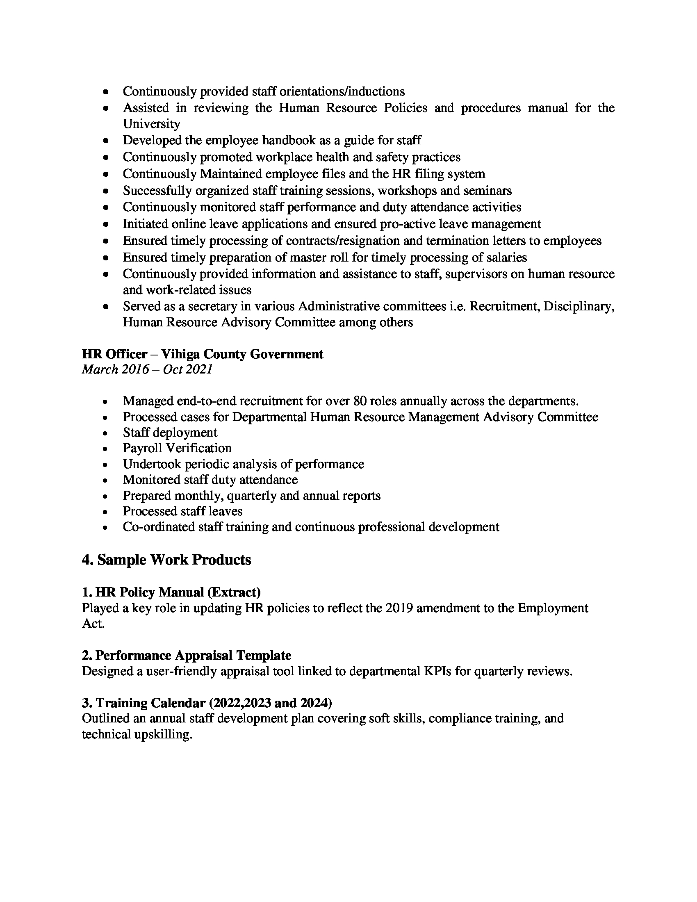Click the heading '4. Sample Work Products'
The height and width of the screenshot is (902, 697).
click(166, 560)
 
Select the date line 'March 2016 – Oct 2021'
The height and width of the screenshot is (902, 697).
click(147, 369)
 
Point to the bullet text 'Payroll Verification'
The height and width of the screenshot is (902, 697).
click(177, 448)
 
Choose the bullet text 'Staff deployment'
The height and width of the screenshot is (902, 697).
click(170, 433)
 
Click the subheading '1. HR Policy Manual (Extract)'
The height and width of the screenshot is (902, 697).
click(171, 592)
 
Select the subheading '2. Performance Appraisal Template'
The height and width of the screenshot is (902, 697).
click(186, 656)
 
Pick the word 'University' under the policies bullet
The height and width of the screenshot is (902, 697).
click(152, 124)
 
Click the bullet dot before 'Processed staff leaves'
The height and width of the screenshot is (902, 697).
click(106, 512)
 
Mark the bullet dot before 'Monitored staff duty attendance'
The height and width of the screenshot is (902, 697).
click(106, 481)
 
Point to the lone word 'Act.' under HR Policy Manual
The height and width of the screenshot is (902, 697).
click(93, 624)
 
